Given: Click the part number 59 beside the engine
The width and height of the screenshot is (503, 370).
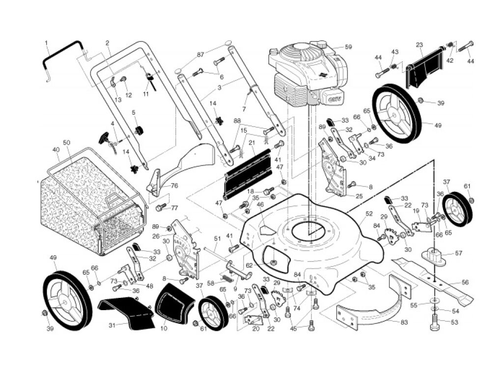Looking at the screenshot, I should pos(348,47).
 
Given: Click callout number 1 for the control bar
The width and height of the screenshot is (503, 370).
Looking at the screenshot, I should pos(47,43).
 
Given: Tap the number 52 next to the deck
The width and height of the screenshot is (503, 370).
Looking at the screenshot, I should pos(369,213).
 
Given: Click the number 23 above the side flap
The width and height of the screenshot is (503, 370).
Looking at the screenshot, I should pos(419,45).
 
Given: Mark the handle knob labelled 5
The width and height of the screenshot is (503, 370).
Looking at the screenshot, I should pos(140,131).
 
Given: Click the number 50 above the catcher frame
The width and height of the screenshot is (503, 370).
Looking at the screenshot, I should pos(66,143).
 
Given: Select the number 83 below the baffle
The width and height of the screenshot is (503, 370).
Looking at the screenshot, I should pos(404,322).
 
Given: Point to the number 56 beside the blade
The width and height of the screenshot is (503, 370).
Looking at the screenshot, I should pos(465,283).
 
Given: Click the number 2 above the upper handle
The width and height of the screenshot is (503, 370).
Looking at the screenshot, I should pos(107,43).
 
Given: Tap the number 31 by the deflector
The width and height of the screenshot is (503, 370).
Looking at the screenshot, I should pos(112,325).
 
